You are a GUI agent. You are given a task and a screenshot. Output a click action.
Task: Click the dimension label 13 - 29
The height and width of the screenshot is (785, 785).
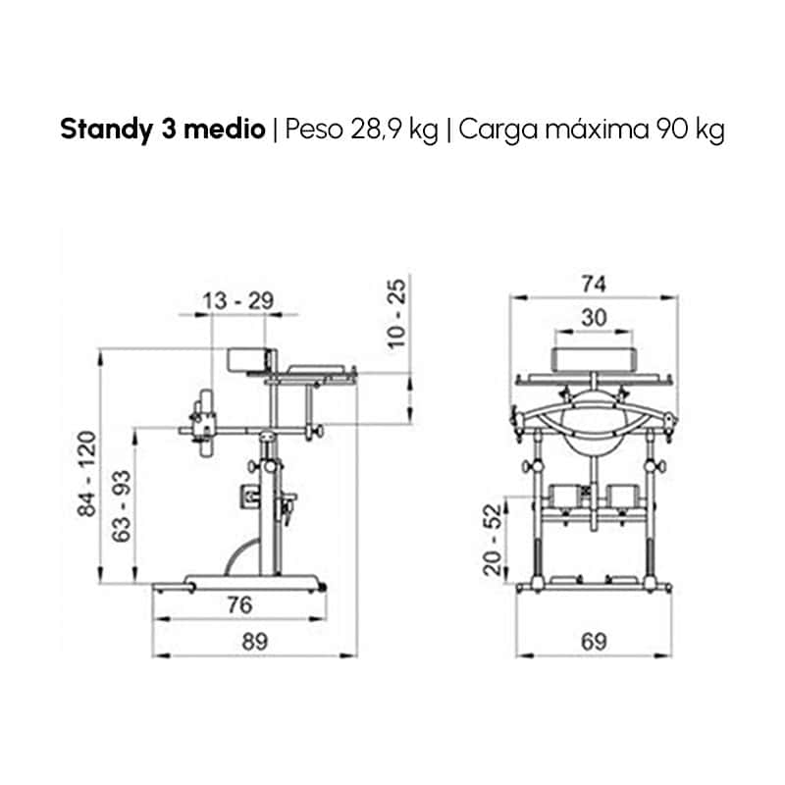(x=237, y=301)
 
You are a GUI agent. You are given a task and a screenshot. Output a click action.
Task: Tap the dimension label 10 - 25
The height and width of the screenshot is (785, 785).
(x=396, y=313)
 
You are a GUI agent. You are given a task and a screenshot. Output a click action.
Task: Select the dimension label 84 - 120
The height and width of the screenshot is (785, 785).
(x=86, y=473)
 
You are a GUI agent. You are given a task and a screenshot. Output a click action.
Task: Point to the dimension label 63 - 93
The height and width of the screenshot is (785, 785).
(x=121, y=506)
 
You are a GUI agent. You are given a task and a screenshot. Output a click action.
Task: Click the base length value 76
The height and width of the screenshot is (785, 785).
(x=239, y=604)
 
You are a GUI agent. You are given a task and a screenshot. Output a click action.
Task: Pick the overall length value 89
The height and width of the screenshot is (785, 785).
(x=255, y=642)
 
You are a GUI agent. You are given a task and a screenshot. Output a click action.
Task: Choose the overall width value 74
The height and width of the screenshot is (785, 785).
(x=594, y=284)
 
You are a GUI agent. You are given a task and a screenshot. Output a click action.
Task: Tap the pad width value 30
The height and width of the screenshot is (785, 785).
(x=594, y=317)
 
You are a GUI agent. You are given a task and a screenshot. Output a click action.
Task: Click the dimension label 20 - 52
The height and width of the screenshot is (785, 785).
(x=493, y=540)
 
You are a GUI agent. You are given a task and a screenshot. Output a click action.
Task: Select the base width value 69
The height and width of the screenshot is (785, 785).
(x=594, y=642)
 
